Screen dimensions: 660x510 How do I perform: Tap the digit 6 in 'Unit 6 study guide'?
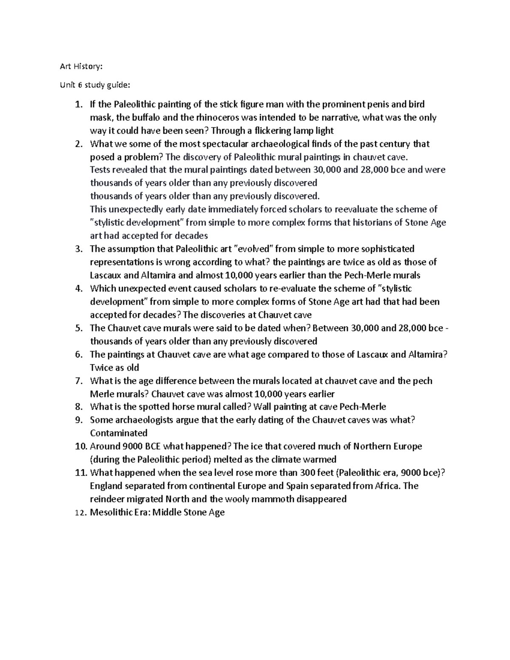[79, 85]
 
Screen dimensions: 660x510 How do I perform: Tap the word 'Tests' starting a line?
[100, 170]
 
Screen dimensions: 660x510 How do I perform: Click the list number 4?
[78, 289]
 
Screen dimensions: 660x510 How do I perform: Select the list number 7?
[78, 381]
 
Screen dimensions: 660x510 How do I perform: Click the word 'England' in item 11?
[107, 486]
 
